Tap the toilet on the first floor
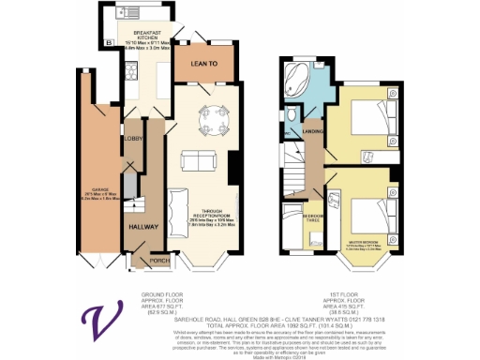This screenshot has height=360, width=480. (x=294, y=116)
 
